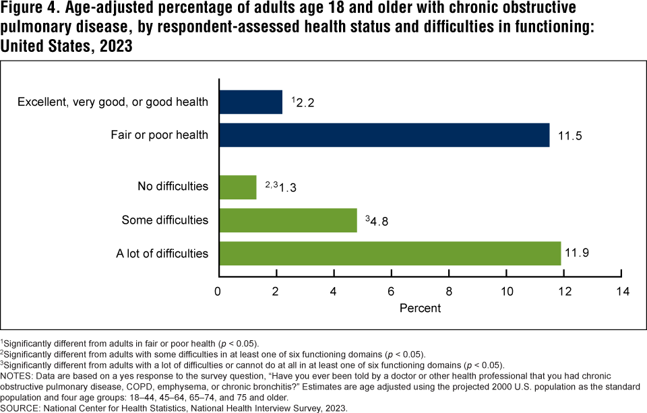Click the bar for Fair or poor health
(x=383, y=135)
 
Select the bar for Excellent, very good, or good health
(x=250, y=102)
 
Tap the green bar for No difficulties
(x=237, y=187)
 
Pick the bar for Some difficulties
(x=287, y=220)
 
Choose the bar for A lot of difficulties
(x=389, y=253)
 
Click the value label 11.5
(x=569, y=136)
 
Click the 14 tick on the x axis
(x=621, y=291)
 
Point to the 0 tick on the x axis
(x=218, y=291)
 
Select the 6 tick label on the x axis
(x=391, y=291)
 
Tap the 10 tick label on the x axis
(x=506, y=291)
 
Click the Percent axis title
(x=420, y=308)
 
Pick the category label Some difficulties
(x=164, y=220)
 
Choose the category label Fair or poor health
(x=159, y=135)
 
